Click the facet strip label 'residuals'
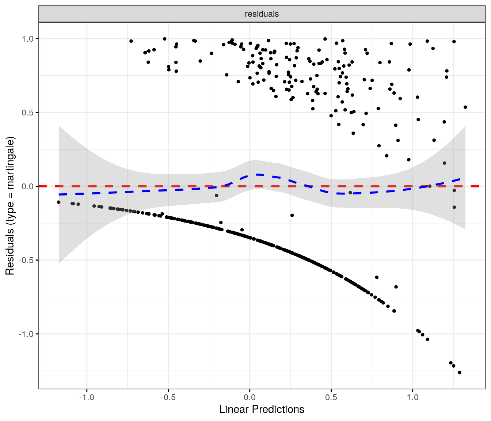pos(262,14)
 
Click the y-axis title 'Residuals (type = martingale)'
pos(10,206)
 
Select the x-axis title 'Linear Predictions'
pos(262,409)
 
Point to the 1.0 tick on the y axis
pos(29,39)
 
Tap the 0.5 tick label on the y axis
pos(29,113)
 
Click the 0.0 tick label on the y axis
pos(29,186)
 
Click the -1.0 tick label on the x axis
pos(86,397)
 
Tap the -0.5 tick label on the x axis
pos(168,397)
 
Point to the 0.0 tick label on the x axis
pos(250,397)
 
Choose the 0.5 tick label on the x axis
pos(331,397)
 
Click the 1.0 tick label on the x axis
pos(412,397)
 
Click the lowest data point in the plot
pos(460,373)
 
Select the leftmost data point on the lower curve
pos(59,202)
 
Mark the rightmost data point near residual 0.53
pos(465,107)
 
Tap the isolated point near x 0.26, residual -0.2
pos(292,215)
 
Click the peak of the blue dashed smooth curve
pos(258,175)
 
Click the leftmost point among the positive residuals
pos(131,41)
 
